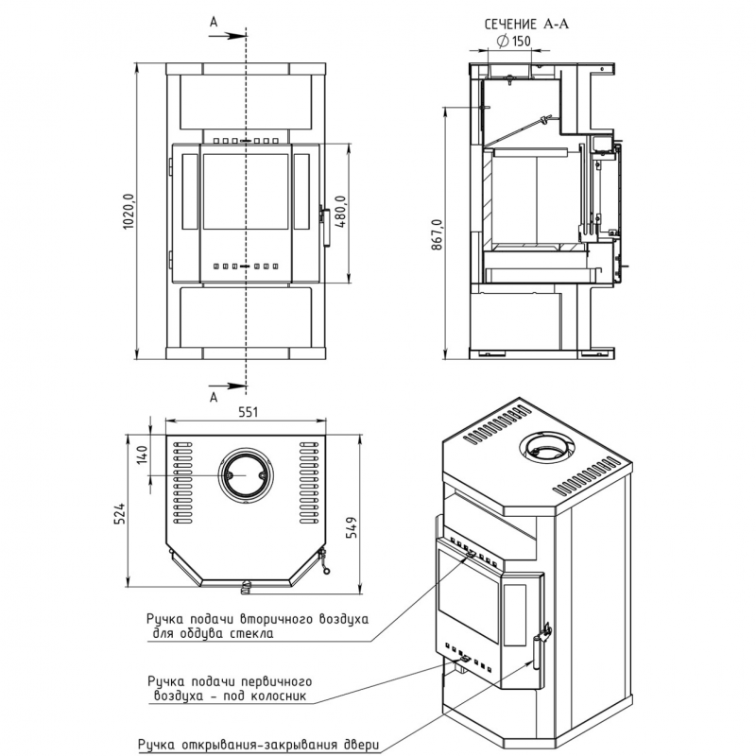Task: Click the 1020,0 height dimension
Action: pyautogui.click(x=129, y=211)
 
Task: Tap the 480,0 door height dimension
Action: pyautogui.click(x=340, y=212)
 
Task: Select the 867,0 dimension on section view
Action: pyautogui.click(x=437, y=234)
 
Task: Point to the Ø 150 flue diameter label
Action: pyautogui.click(x=514, y=42)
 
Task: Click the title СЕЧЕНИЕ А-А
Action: pyautogui.click(x=526, y=25)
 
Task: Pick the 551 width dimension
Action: pyautogui.click(x=248, y=412)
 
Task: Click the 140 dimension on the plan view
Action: pyautogui.click(x=143, y=455)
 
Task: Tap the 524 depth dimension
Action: pyautogui.click(x=120, y=514)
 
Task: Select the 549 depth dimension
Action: pyautogui.click(x=352, y=527)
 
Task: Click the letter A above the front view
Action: pyautogui.click(x=214, y=22)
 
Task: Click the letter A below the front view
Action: pyautogui.click(x=214, y=397)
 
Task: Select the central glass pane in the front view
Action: pyautogui.click(x=246, y=192)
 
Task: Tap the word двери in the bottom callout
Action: pyautogui.click(x=362, y=745)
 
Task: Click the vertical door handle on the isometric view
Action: pyautogui.click(x=537, y=652)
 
